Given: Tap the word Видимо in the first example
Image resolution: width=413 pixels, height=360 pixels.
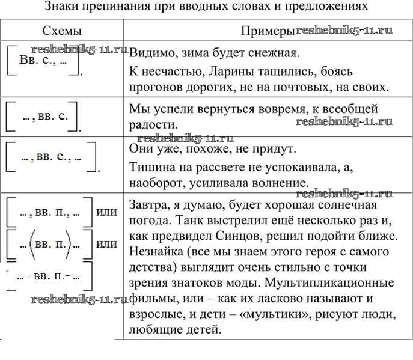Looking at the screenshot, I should pos(150,53).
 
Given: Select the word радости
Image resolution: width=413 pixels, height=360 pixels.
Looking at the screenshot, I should pos(150,124).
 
